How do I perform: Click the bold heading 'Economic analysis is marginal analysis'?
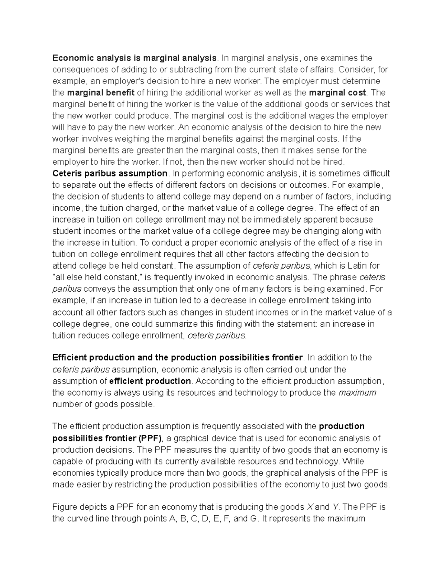coord(134,58)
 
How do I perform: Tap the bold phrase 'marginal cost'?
coord(337,93)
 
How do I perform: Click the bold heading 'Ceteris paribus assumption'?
coord(110,173)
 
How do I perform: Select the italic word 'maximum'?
coord(357,393)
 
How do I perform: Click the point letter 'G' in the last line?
coord(254,519)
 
